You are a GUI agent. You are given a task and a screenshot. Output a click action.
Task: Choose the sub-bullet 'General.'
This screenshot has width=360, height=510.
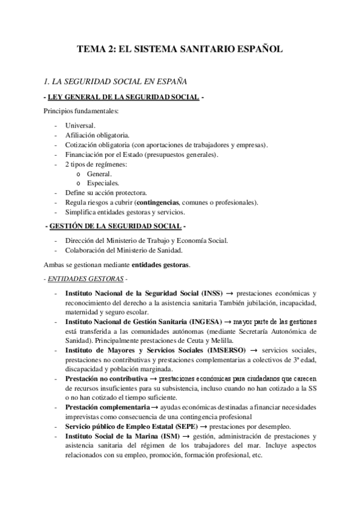coord(99,173)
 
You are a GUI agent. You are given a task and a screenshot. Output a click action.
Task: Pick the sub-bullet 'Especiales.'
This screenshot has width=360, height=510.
coord(103,183)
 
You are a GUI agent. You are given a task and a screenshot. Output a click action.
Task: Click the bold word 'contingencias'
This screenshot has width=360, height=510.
coord(159,202)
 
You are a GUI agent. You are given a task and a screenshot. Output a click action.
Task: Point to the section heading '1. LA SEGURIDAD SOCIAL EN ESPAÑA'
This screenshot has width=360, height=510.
coord(114,80)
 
